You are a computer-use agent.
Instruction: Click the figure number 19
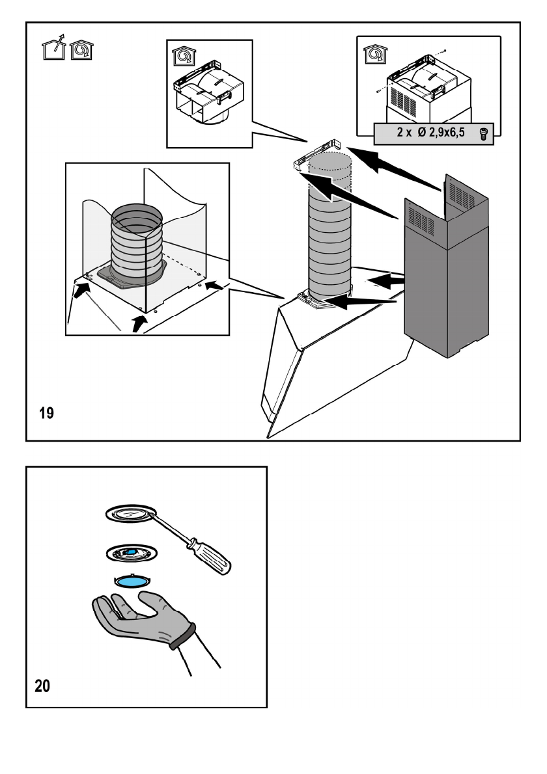[x=46, y=414]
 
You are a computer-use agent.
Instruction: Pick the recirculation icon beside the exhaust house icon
[x=81, y=50]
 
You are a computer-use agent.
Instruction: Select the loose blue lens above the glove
[x=133, y=581]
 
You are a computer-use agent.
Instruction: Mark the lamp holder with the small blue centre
[x=130, y=553]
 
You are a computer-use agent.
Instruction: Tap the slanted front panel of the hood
[x=287, y=371]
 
